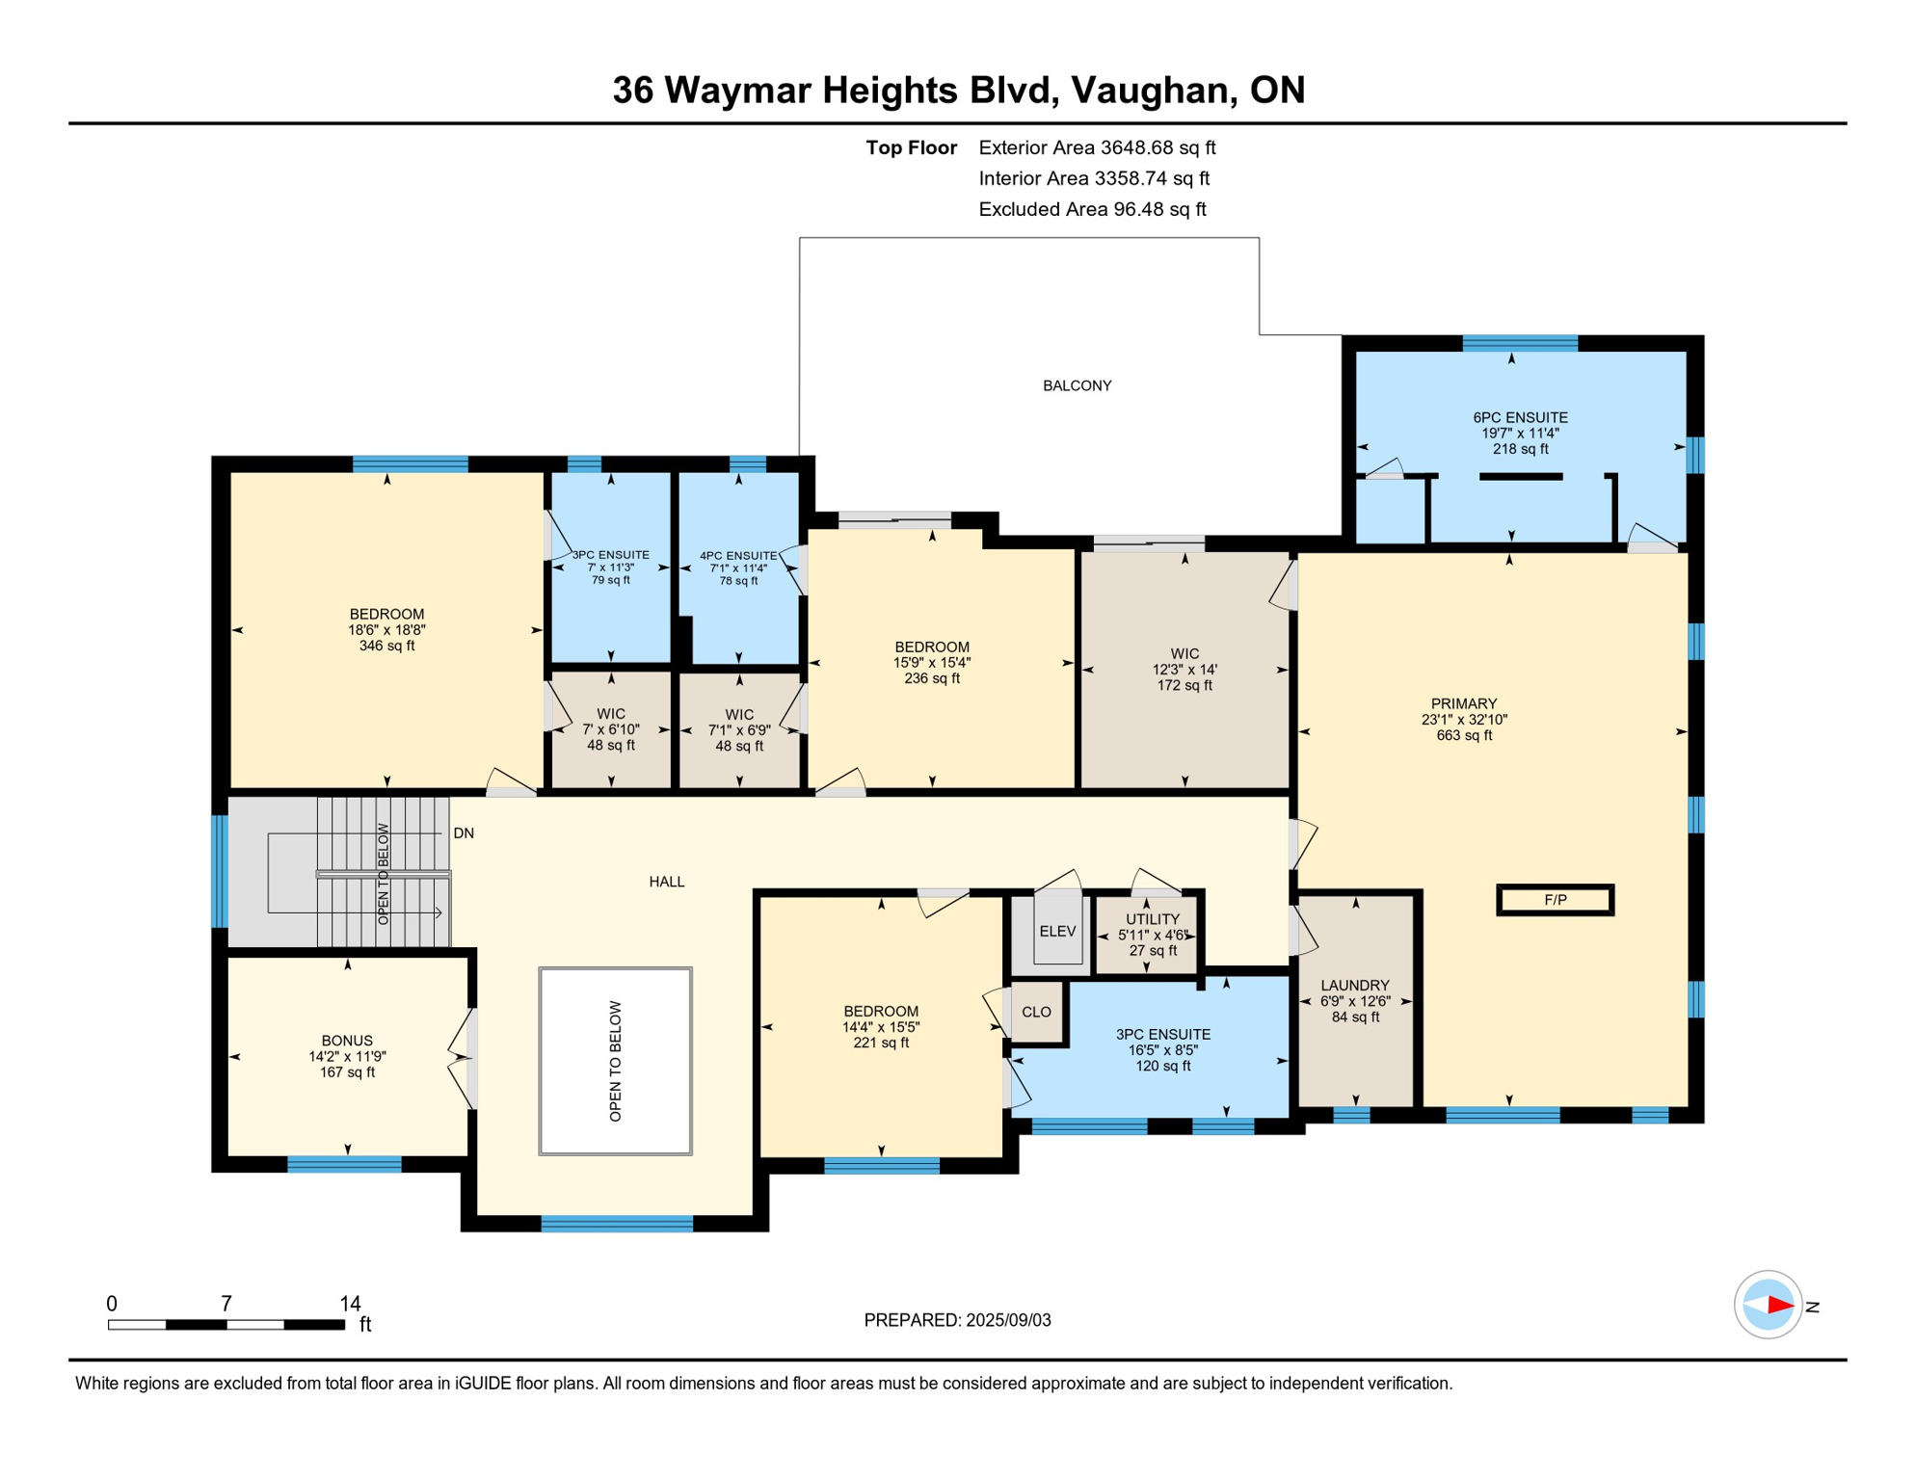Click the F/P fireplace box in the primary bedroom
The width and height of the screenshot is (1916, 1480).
pos(1555,900)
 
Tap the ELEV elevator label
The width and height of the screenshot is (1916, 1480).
pos(1057,931)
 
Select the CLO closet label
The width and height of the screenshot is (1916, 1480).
pos(1036,1012)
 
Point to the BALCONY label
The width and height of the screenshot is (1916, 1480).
pos(1077,385)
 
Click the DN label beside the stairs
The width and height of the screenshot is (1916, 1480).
pos(464,833)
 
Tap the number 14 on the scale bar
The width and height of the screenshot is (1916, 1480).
pos(350,1304)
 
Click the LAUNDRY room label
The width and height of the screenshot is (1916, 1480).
pos(1355,986)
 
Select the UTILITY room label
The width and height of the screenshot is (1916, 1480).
pos(1153,919)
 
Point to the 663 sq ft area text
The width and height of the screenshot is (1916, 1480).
pos(1464,735)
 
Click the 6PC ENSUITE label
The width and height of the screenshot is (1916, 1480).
pos(1520,417)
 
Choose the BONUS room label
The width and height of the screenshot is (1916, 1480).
pos(347,1041)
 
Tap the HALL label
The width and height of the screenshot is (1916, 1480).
pos(667,882)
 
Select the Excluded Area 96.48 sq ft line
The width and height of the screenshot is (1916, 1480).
pos(1092,209)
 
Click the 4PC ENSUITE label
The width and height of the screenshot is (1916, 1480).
pos(738,556)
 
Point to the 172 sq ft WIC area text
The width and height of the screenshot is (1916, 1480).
pos(1184,685)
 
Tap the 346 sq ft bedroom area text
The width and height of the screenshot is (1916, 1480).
pos(386,646)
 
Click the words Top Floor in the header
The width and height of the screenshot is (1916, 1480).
pos(911,147)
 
